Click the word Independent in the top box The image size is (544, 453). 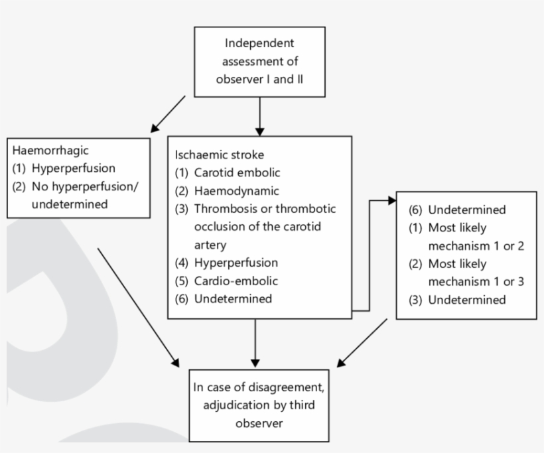point(259,44)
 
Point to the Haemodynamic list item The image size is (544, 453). point(230,191)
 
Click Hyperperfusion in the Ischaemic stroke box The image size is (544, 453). point(236,262)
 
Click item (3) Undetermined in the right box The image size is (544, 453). point(466,299)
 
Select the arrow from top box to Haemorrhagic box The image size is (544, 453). point(168,113)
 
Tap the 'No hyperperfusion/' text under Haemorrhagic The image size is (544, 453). point(86,186)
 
